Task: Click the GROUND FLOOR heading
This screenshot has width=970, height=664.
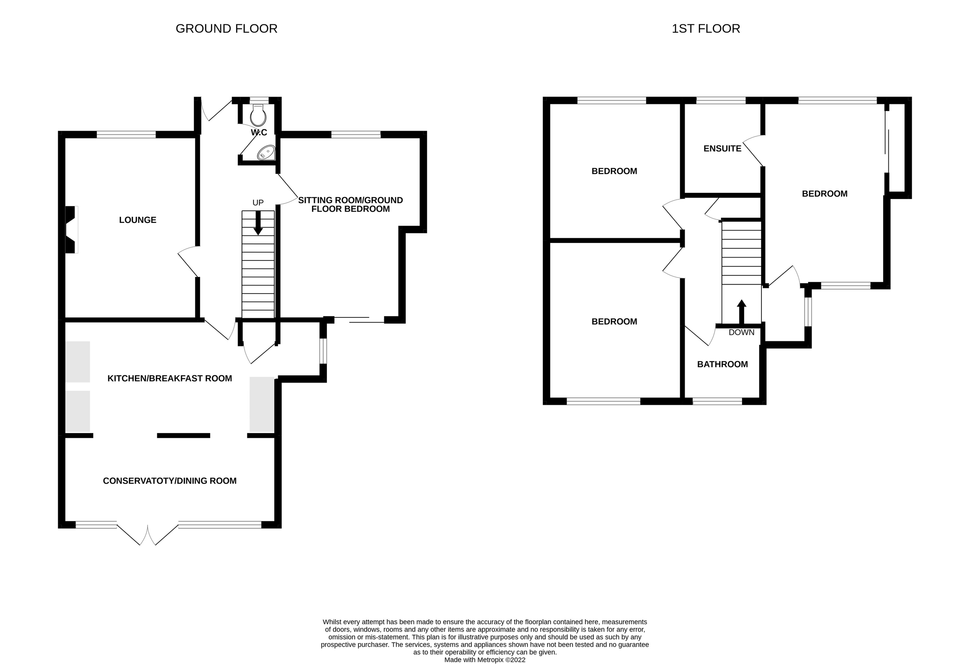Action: coord(226,29)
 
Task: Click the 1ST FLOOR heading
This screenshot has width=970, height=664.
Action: coord(705,29)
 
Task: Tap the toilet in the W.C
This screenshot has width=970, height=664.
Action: coord(258,116)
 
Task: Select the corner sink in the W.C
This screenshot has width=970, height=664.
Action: coord(266,153)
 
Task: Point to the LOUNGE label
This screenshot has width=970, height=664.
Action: coord(137,220)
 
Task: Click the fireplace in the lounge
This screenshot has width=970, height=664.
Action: coord(71,230)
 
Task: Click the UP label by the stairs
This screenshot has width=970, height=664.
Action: coord(258,203)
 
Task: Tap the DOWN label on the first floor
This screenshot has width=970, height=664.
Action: coord(741,332)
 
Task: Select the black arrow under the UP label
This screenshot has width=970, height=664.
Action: coord(258,223)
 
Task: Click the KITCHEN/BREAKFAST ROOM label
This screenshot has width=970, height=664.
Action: coord(169,379)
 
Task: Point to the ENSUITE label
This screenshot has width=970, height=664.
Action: coord(722,149)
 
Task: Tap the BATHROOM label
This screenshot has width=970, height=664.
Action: coord(722,364)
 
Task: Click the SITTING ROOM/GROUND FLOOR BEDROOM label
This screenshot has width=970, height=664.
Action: coord(350,205)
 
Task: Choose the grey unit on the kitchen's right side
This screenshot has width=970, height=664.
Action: coord(262,404)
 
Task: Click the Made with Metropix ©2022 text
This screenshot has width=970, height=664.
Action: coord(485,660)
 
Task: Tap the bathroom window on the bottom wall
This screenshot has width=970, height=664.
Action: coord(717,401)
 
